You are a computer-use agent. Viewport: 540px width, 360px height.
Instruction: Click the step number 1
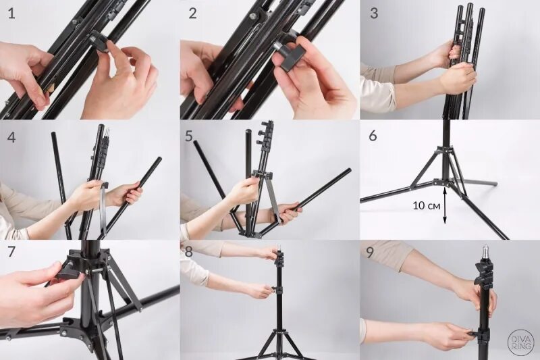(x=11, y=14)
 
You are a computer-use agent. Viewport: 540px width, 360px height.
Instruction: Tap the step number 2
(x=192, y=14)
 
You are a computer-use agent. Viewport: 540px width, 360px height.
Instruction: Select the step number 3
(x=374, y=14)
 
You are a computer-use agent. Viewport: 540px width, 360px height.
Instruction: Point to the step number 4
(x=11, y=137)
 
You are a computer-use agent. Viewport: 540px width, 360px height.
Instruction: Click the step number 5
(x=189, y=136)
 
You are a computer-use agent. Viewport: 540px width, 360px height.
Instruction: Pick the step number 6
(x=373, y=136)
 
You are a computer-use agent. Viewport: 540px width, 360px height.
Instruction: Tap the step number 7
(x=11, y=251)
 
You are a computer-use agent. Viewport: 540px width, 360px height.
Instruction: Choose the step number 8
(x=189, y=252)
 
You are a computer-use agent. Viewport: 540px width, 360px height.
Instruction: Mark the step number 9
(x=369, y=253)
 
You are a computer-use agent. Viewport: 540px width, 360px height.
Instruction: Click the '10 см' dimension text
(x=427, y=206)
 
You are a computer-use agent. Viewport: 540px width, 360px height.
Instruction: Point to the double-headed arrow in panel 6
(x=445, y=205)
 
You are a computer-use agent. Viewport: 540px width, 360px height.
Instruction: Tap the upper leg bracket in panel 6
(x=444, y=150)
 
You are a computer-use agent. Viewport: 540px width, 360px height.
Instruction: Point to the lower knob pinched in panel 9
(x=475, y=333)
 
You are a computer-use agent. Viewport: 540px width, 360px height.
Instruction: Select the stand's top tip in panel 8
(x=280, y=247)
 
